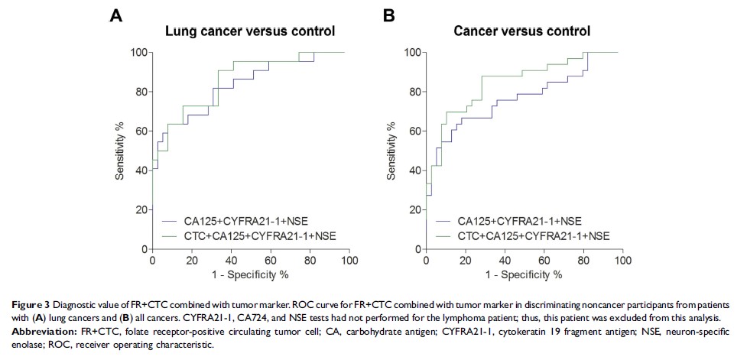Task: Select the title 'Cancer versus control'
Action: (x=521, y=31)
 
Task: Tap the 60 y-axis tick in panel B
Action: (x=414, y=131)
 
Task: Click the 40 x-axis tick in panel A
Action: (x=231, y=261)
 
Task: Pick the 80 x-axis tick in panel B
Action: (x=583, y=261)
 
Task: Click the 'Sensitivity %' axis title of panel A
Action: (x=120, y=150)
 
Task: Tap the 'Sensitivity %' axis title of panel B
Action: (x=394, y=150)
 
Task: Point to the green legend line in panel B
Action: (x=445, y=234)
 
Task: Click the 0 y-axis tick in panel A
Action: (x=143, y=249)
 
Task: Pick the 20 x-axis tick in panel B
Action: (x=466, y=261)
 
